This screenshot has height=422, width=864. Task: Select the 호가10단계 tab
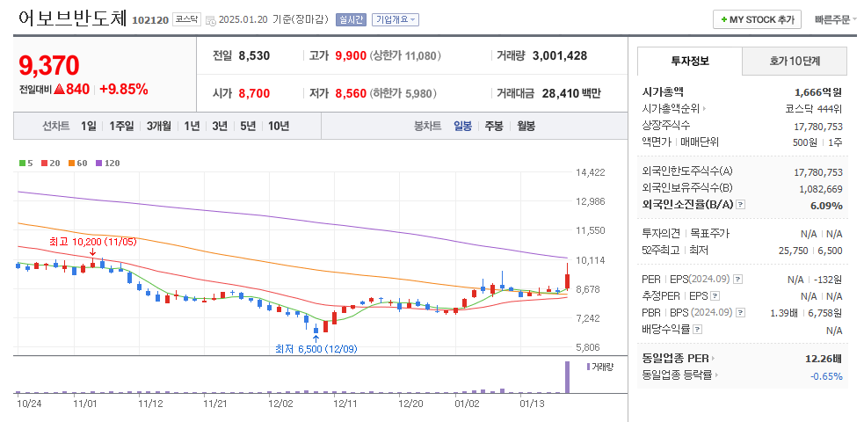tap(795, 62)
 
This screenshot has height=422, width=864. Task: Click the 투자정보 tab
tap(689, 62)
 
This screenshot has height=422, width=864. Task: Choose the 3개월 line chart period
tap(160, 126)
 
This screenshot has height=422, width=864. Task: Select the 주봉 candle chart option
tap(493, 126)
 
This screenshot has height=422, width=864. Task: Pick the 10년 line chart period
tap(278, 126)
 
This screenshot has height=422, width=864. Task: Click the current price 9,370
tap(49, 65)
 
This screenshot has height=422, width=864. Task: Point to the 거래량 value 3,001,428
tap(559, 55)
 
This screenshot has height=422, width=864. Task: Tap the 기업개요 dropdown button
tap(395, 19)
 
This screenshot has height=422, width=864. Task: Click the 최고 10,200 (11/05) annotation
tap(93, 241)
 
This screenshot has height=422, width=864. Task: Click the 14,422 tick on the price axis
tap(590, 172)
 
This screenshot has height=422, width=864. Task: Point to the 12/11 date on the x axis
tap(345, 404)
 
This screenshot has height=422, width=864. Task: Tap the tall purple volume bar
tap(567, 377)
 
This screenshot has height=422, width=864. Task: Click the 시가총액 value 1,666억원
tap(817, 91)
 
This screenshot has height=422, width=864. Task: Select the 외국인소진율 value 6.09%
tap(825, 206)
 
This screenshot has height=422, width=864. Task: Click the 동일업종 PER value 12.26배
tap(823, 359)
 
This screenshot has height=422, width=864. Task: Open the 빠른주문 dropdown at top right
tap(835, 19)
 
